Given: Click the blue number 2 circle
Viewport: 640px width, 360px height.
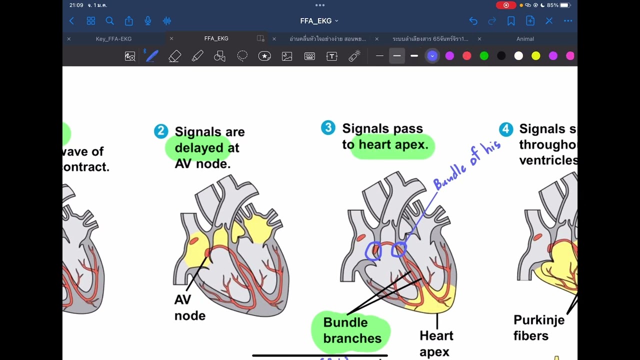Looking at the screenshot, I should pos(161,131).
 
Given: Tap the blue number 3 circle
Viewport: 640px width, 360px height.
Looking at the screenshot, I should pos(328,128).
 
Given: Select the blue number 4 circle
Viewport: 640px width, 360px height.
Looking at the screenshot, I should pos(506,129).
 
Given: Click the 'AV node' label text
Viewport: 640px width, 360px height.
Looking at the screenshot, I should pos(189,307).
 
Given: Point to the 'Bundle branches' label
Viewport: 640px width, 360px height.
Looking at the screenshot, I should pos(352,330).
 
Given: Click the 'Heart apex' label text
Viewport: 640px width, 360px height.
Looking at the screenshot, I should pos(436,343).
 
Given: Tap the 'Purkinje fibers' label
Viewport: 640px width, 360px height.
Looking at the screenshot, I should pos(538,327).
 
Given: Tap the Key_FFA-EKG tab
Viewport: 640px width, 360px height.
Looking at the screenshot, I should pos(113,39).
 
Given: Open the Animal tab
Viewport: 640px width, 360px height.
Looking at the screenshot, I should pos(525,39).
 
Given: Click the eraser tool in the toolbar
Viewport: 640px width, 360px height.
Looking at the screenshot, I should pos(174,56).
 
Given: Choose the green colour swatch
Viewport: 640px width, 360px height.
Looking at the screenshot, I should pos(484,56).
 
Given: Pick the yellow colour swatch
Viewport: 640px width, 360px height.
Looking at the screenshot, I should pos(536,56).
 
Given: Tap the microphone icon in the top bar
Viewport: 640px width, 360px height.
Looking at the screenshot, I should pos(148,21).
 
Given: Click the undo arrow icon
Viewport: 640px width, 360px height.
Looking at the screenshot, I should pos(473,21).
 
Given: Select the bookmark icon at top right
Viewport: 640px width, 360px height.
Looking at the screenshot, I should pos(511,21).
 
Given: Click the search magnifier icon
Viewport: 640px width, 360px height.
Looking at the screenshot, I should pos(110,21).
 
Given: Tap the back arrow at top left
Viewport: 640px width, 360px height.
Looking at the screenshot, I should pos(71,21).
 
